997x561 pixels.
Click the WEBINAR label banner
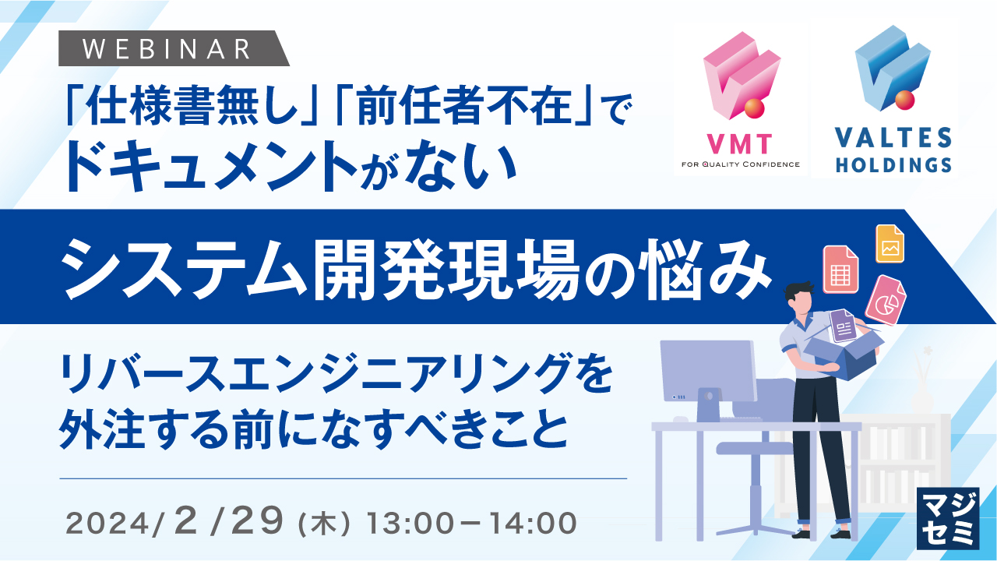174,48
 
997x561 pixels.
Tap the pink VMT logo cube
741,75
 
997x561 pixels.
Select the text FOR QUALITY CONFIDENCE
741,164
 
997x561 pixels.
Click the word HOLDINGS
893,164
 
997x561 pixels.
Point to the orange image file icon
890,244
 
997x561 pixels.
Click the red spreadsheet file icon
840,270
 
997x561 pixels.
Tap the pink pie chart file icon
886,300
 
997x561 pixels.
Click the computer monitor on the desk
709,372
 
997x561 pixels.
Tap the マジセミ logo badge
948,518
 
